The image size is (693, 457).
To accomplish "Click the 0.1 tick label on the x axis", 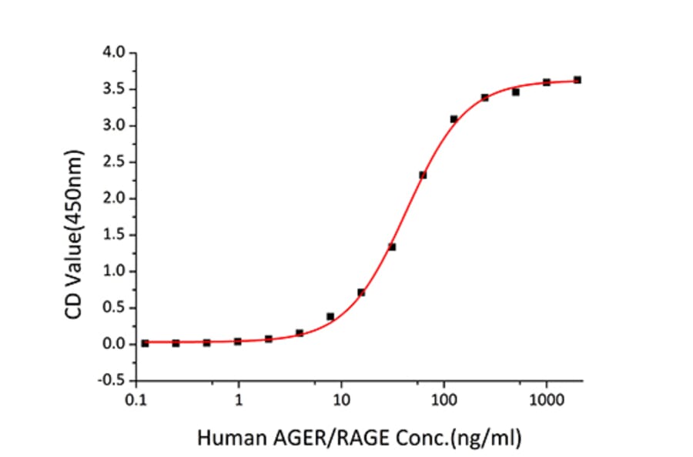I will tap(137, 400).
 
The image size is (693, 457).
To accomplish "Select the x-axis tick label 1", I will tap(239, 400).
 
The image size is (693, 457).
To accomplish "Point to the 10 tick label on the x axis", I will tap(342, 400).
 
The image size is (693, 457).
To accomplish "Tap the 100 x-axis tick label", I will tap(444, 400).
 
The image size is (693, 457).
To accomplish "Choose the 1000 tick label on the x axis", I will tap(546, 400).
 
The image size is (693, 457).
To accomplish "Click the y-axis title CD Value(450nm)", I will tap(77, 217).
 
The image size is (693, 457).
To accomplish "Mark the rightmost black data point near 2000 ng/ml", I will tap(577, 80).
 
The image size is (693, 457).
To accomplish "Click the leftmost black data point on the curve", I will tap(145, 343).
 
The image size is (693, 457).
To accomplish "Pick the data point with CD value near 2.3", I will tap(423, 175).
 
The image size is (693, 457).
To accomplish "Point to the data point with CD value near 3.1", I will tap(454, 119).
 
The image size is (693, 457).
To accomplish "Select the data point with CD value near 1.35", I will tap(392, 247).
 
